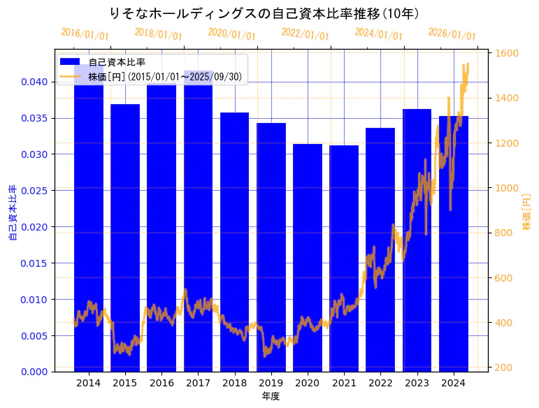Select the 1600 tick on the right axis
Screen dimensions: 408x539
507,53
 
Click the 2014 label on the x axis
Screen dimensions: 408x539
88,383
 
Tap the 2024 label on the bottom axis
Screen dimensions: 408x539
453,383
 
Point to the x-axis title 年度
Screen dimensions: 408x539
271,396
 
